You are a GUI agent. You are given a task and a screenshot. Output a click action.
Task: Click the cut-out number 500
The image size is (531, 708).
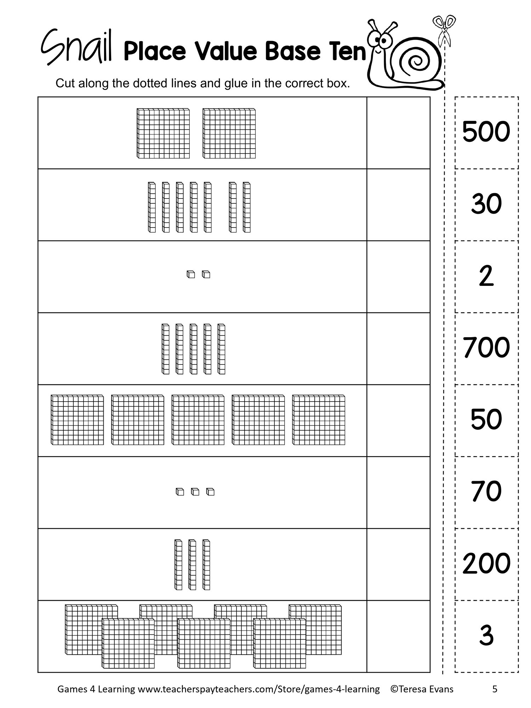tap(486, 132)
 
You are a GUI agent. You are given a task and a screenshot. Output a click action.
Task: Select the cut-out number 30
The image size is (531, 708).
tap(486, 204)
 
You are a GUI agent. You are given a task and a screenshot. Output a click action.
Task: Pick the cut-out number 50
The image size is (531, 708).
tap(486, 419)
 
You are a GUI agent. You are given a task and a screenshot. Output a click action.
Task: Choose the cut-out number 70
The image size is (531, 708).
tap(486, 491)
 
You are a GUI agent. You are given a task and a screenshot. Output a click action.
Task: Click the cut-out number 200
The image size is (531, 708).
tap(486, 563)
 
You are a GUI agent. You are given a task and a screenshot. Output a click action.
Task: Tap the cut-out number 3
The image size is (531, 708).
tap(486, 635)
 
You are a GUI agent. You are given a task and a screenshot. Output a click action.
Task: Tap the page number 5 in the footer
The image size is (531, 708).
tap(495, 689)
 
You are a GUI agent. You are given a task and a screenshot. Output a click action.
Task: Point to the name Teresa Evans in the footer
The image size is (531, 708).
tap(426, 689)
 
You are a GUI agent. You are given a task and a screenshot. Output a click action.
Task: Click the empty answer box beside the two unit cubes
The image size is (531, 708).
tap(399, 277)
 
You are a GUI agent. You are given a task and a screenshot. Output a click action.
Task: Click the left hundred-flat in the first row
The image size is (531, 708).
tap(163, 133)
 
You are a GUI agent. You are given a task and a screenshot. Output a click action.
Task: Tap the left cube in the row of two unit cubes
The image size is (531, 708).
tap(191, 274)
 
